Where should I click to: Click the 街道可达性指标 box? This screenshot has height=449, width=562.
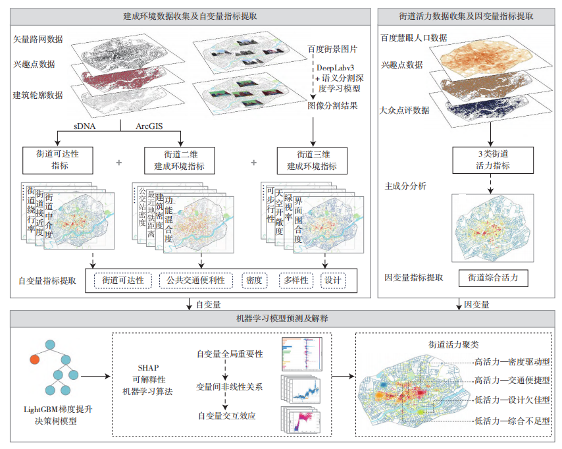[x=59, y=161]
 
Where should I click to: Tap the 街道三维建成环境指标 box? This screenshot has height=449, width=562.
[x=311, y=161]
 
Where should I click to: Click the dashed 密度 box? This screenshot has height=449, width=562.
[x=255, y=280]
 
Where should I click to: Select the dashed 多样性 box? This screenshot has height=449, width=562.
[x=294, y=280]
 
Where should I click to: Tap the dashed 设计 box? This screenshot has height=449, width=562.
[x=333, y=280]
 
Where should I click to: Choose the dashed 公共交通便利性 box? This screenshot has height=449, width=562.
[x=196, y=280]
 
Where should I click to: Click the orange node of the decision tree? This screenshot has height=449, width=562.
[x=35, y=359]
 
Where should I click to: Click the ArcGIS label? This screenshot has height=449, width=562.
[x=152, y=125]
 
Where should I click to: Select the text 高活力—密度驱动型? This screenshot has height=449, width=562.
[x=512, y=361]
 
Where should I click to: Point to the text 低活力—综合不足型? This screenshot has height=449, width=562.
[x=512, y=420]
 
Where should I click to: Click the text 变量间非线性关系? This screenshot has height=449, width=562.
[x=230, y=386]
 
